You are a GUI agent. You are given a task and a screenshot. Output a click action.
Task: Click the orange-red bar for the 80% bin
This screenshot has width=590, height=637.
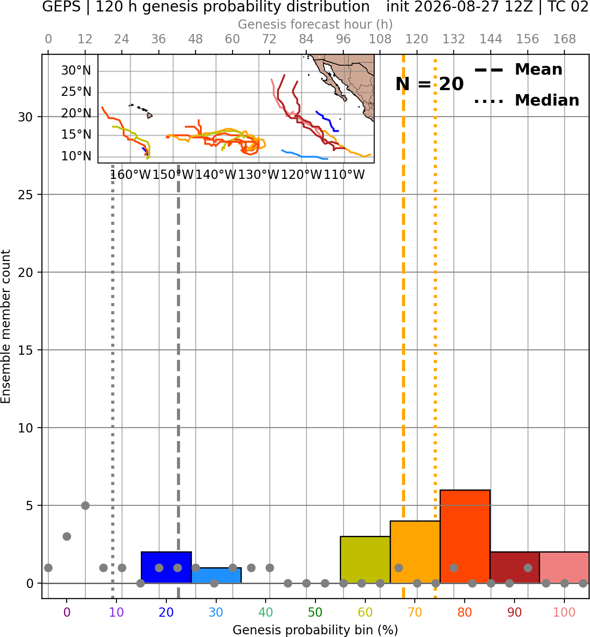(x=465, y=536)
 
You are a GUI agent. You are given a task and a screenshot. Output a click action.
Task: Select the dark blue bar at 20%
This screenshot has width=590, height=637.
(x=166, y=567)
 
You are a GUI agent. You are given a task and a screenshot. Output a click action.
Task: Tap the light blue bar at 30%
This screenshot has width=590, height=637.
(x=216, y=576)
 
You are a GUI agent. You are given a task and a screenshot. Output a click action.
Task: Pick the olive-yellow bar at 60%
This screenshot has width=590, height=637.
(x=365, y=560)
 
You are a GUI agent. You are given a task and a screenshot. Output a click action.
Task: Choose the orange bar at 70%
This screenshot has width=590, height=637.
(x=415, y=552)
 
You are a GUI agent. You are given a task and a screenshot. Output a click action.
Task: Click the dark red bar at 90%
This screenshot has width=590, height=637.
(x=515, y=567)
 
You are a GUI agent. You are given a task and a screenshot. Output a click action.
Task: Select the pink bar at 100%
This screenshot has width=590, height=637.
(x=564, y=567)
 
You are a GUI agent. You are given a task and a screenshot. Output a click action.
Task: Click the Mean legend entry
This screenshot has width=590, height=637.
(x=518, y=70)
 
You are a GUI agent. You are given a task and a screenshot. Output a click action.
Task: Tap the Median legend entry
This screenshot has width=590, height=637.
(x=526, y=100)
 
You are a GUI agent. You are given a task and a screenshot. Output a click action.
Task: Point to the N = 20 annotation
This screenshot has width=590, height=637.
(x=429, y=84)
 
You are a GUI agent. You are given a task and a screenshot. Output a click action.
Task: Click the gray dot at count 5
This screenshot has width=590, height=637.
(x=85, y=505)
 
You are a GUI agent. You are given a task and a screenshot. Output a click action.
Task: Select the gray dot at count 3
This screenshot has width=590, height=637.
(x=67, y=536)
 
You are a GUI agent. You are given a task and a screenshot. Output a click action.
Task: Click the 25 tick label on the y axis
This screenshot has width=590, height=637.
(x=25, y=195)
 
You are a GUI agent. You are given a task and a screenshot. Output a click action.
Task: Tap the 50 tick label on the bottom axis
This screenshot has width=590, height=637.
(x=316, y=612)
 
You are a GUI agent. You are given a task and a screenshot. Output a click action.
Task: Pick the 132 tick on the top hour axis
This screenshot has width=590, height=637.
(x=454, y=39)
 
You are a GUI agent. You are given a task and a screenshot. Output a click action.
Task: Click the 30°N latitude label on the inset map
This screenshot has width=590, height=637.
(x=76, y=71)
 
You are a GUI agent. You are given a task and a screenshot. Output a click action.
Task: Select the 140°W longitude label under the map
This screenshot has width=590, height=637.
(x=216, y=175)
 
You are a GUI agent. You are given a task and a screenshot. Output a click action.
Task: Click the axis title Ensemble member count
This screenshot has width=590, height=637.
(x=6, y=326)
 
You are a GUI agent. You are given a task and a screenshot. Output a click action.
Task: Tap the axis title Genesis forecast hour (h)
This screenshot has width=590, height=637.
(x=316, y=24)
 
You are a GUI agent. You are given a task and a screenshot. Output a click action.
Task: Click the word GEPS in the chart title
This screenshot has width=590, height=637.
(x=61, y=7)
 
